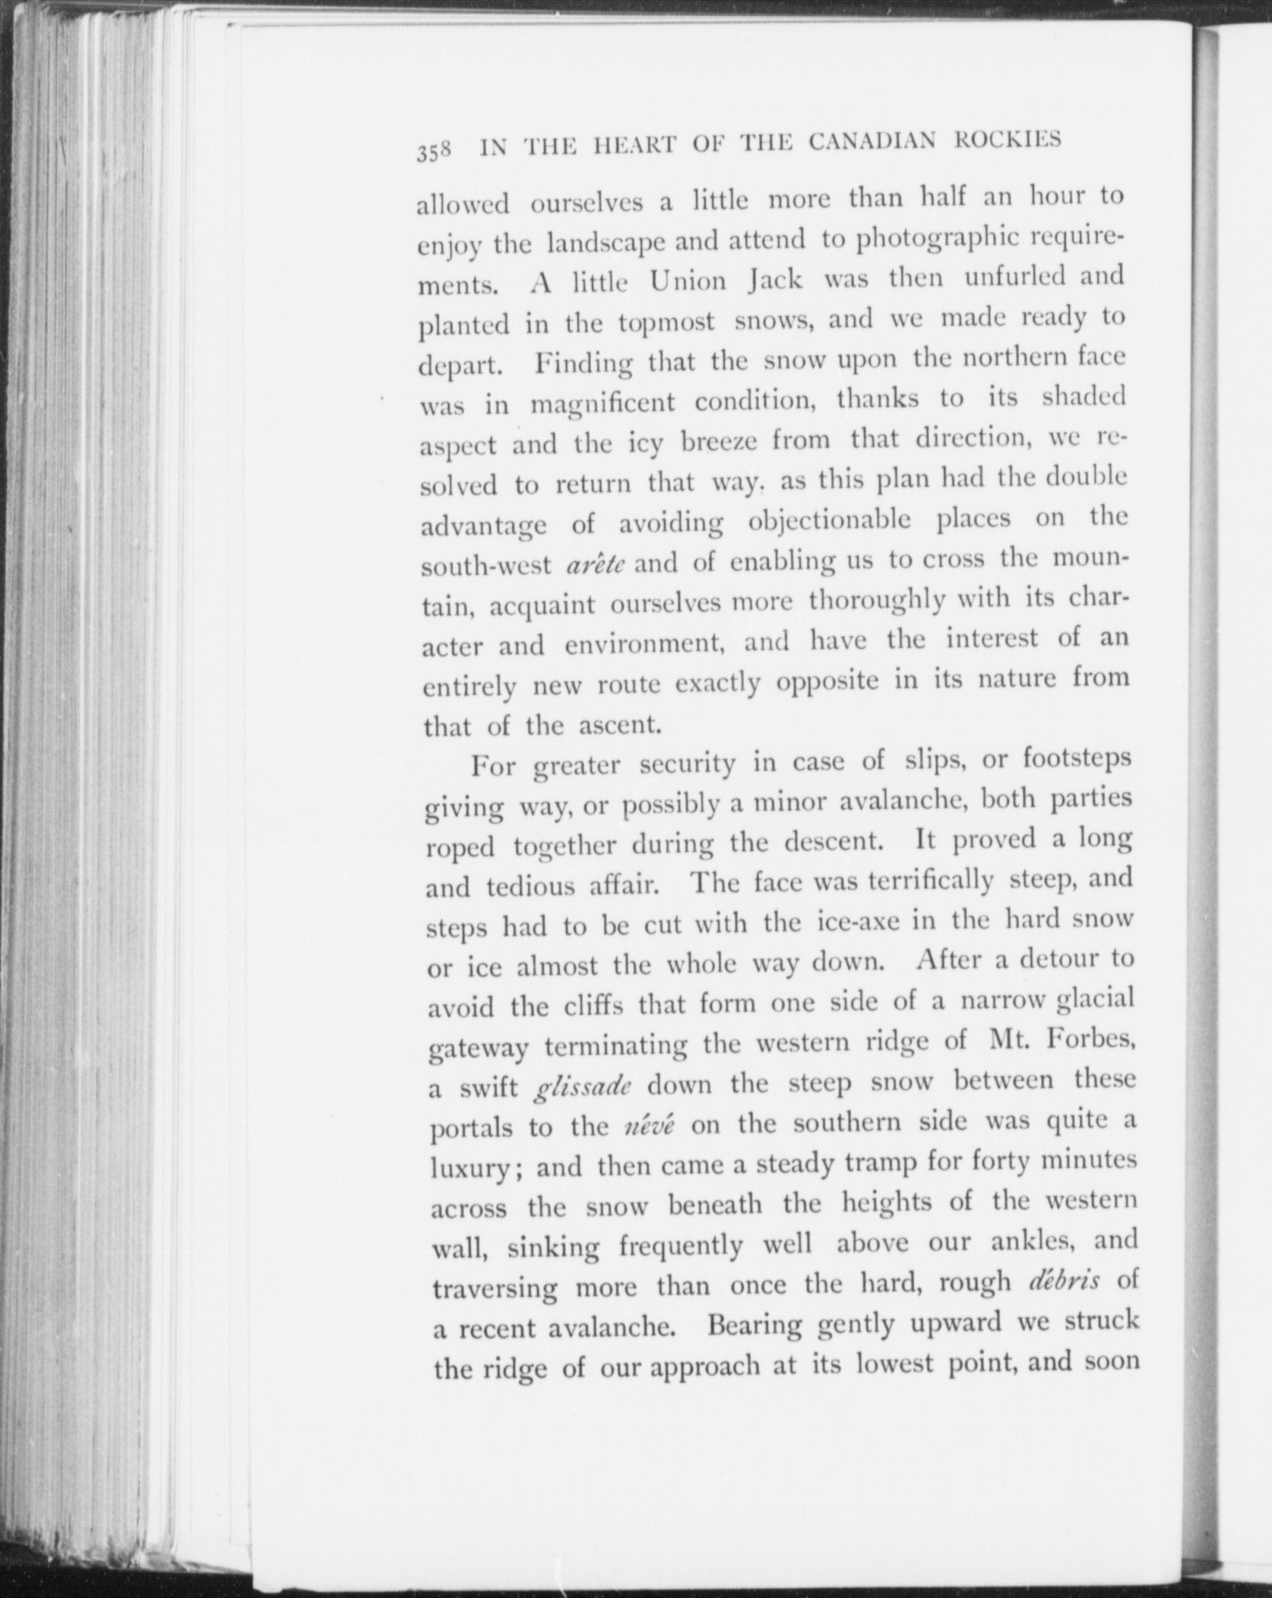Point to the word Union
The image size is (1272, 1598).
coord(688,280)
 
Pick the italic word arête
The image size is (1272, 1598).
coord(595,564)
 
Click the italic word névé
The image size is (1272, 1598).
coord(650,1127)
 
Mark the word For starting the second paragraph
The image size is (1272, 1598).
coord(492,765)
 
